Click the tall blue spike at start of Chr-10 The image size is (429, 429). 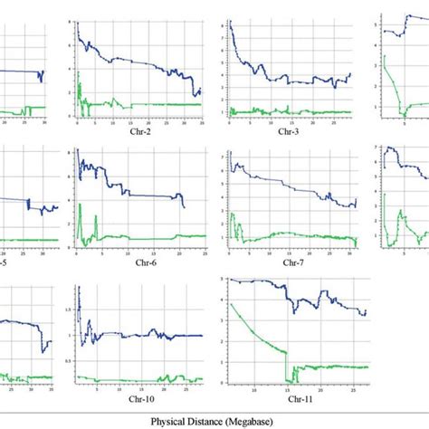[79, 291]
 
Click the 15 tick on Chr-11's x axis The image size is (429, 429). [287, 389]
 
